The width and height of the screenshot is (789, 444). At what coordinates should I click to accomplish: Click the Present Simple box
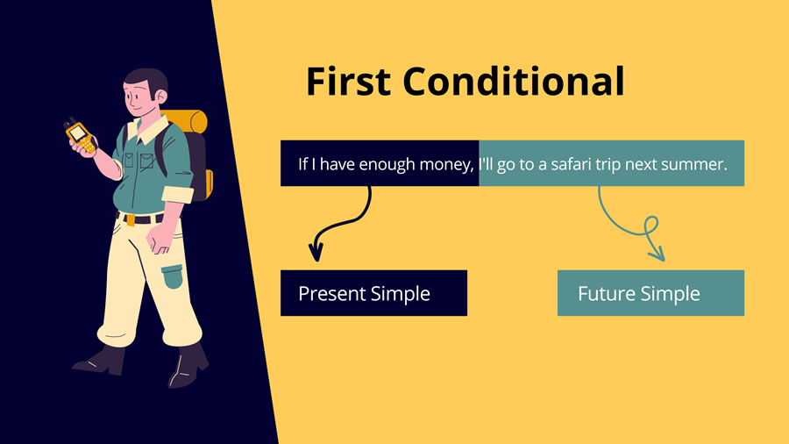tap(373, 293)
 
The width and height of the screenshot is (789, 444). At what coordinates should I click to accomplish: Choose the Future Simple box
tap(650, 293)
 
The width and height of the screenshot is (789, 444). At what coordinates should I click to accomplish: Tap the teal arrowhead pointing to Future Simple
tap(657, 254)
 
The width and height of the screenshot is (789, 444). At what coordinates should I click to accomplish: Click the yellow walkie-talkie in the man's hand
tap(78, 134)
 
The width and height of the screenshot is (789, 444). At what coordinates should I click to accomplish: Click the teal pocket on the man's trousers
tap(173, 276)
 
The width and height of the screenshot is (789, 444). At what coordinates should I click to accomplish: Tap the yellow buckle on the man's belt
tap(130, 219)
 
